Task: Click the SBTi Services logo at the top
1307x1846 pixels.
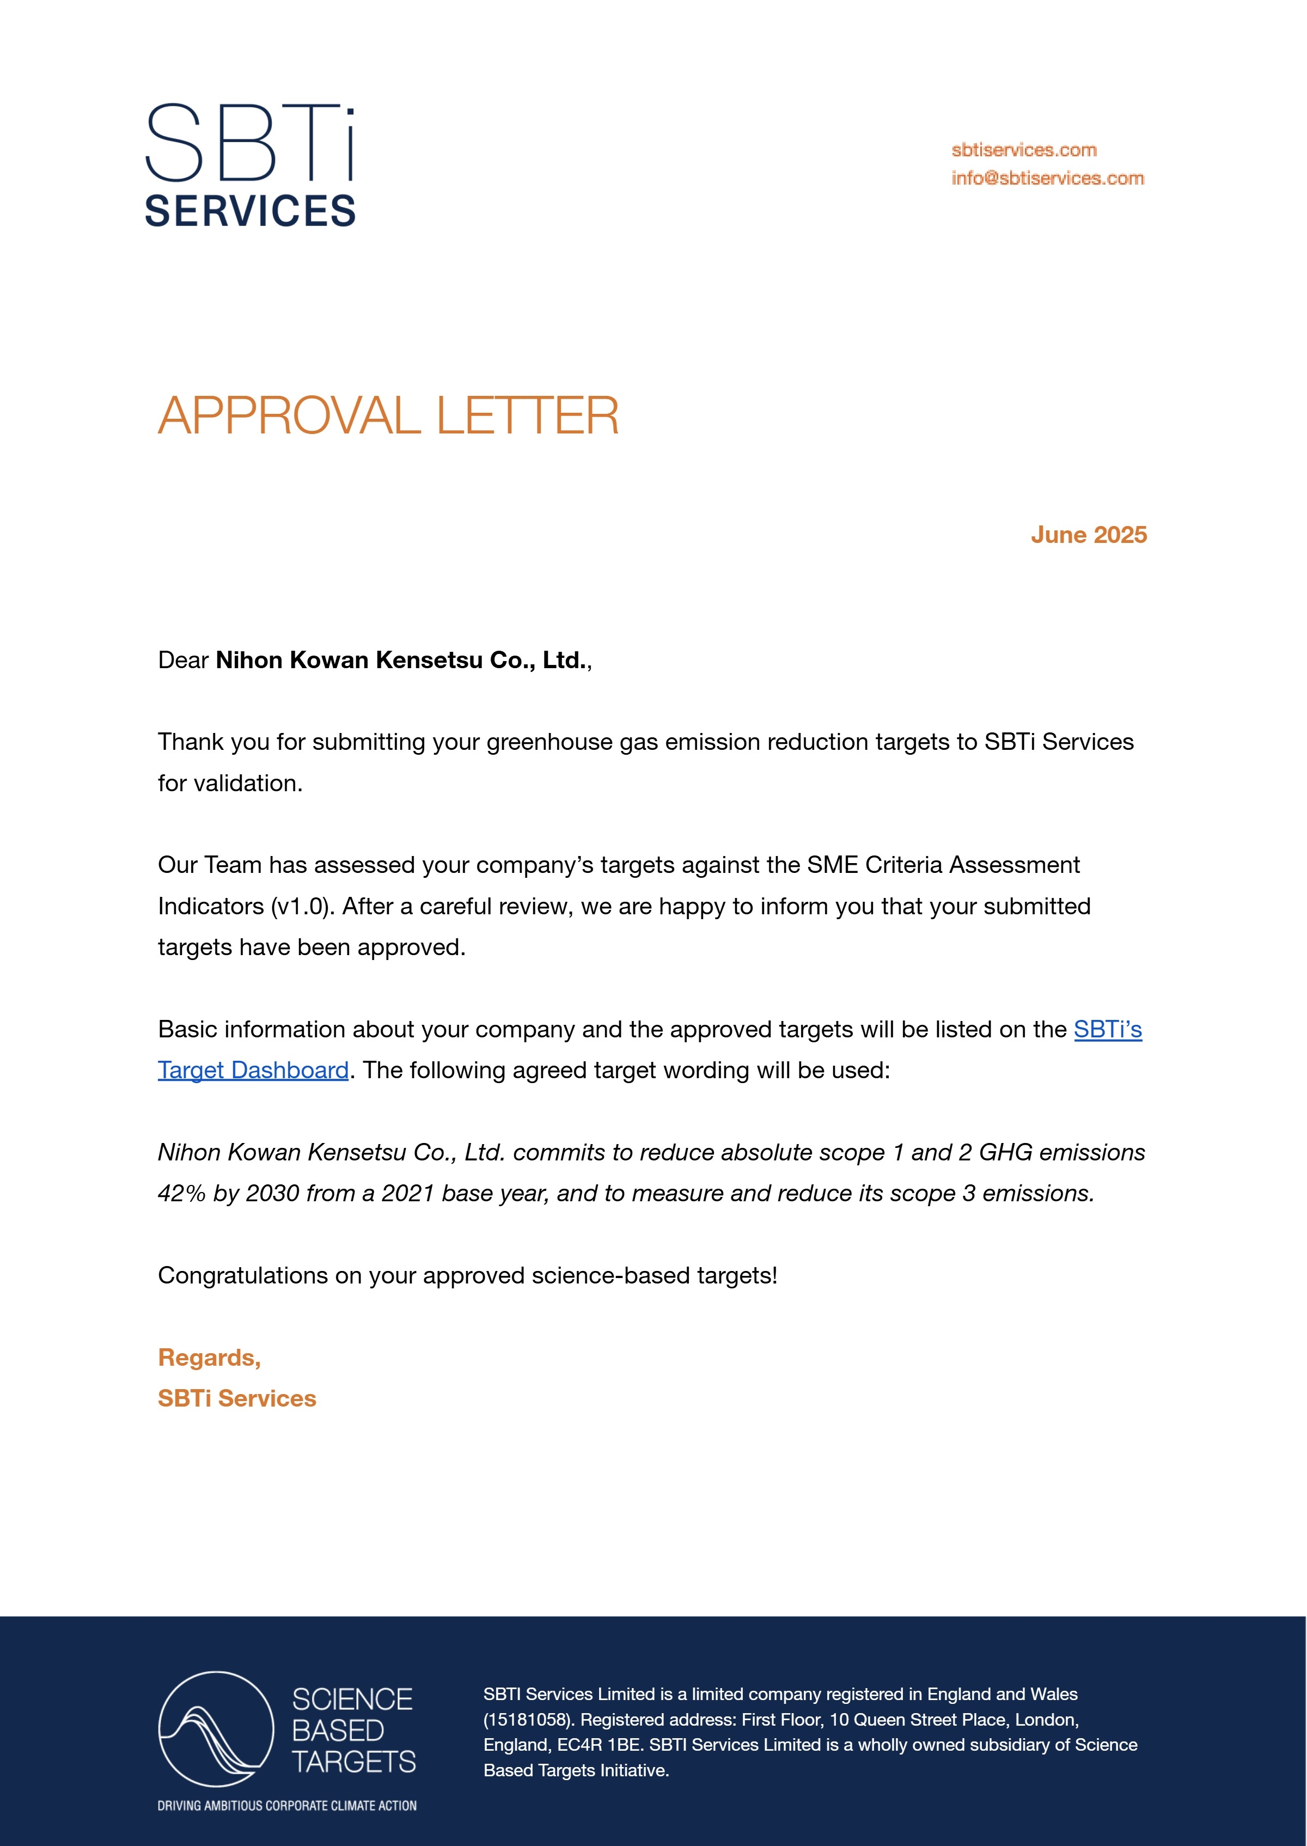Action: (x=249, y=165)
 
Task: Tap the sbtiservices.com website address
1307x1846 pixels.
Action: (x=1024, y=150)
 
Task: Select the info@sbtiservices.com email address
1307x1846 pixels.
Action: (x=1047, y=178)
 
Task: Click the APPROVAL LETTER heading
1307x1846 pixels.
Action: (x=388, y=416)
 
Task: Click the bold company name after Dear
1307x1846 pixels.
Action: (x=400, y=660)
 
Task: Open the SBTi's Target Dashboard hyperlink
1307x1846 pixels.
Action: (x=1107, y=1029)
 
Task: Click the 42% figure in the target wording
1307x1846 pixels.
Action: (x=182, y=1194)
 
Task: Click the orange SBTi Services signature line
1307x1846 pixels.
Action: (x=236, y=1398)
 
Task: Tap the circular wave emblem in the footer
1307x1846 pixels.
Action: (x=216, y=1729)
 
